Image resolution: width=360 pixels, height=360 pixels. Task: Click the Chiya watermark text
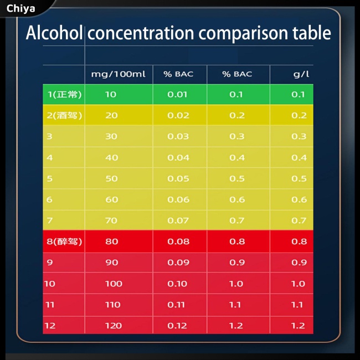pos(21,8)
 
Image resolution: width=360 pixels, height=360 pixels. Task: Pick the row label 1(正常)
pos(64,94)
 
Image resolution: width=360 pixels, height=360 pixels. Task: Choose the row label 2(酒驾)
pos(64,115)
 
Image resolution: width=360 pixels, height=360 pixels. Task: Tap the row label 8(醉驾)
pos(64,241)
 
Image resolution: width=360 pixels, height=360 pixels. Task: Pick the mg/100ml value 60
pos(111,199)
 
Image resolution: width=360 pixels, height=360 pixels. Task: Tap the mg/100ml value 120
pos(113,326)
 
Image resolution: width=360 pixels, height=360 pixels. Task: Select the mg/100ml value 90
pos(111,263)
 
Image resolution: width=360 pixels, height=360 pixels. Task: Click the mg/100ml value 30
pos(111,136)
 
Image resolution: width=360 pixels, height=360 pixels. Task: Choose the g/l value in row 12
pos(299,326)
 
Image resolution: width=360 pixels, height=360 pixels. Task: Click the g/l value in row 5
pos(299,178)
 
